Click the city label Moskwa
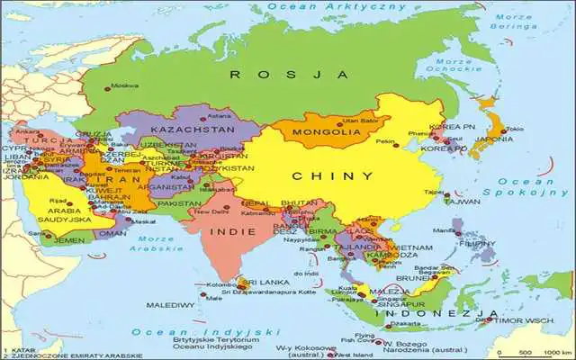click(124, 86)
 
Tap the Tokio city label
click(515, 129)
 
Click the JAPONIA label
click(495, 139)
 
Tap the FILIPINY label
click(477, 243)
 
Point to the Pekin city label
click(385, 141)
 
